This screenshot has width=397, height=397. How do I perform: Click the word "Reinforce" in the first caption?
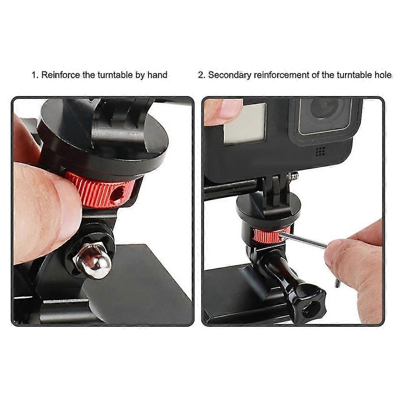pos(60,75)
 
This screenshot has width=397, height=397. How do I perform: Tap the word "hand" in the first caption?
pos(157,75)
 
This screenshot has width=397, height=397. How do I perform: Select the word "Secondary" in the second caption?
pos(229,75)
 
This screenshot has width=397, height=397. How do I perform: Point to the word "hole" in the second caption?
pos(383,75)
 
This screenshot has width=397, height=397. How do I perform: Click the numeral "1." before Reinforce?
pos(35,75)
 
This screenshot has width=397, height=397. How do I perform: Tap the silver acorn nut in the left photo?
pos(92,260)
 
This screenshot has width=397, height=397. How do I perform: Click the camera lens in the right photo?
pos(324,109)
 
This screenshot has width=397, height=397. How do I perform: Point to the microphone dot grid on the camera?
pos(320,151)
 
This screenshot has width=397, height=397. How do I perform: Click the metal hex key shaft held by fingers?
pos(304,240)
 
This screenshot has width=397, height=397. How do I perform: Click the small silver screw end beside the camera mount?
pos(294,175)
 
